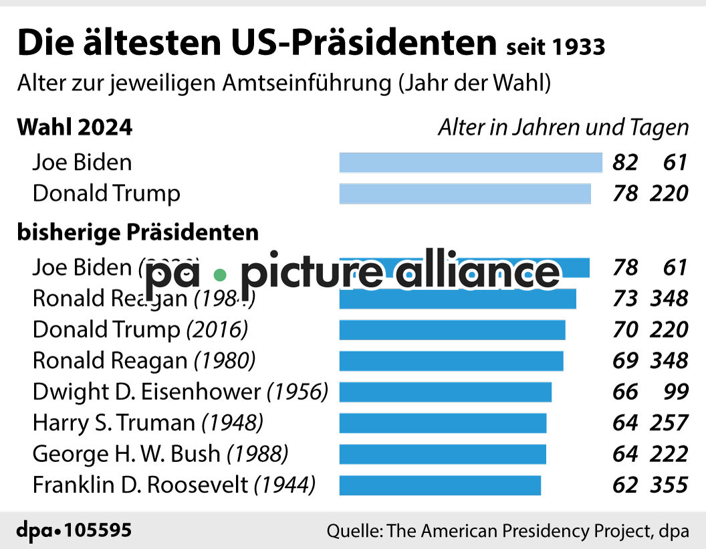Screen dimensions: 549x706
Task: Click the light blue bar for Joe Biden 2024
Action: tap(471, 163)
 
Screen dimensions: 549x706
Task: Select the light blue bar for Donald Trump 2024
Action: tap(465, 193)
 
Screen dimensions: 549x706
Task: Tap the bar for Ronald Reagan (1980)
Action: tap(451, 361)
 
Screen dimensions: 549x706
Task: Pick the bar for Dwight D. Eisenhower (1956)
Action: tap(445, 392)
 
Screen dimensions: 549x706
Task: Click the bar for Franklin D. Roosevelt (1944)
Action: tap(440, 485)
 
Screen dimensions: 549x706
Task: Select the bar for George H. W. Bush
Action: tap(443, 454)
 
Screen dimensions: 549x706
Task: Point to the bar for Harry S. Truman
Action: tap(443, 423)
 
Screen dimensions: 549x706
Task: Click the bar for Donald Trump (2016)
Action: tap(453, 330)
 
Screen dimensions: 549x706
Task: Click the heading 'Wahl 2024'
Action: tap(75, 127)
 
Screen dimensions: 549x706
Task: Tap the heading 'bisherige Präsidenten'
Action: tap(138, 232)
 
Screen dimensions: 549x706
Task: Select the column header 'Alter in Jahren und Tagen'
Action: tap(563, 127)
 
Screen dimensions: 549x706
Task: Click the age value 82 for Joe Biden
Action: tap(625, 163)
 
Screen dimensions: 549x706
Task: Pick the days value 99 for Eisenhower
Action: tap(673, 392)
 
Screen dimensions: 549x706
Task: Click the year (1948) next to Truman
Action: tap(232, 423)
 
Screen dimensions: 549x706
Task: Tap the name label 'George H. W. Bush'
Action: tap(126, 454)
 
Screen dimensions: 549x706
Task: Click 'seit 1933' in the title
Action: tap(556, 47)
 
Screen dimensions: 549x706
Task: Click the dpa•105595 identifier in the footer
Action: tap(74, 531)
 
